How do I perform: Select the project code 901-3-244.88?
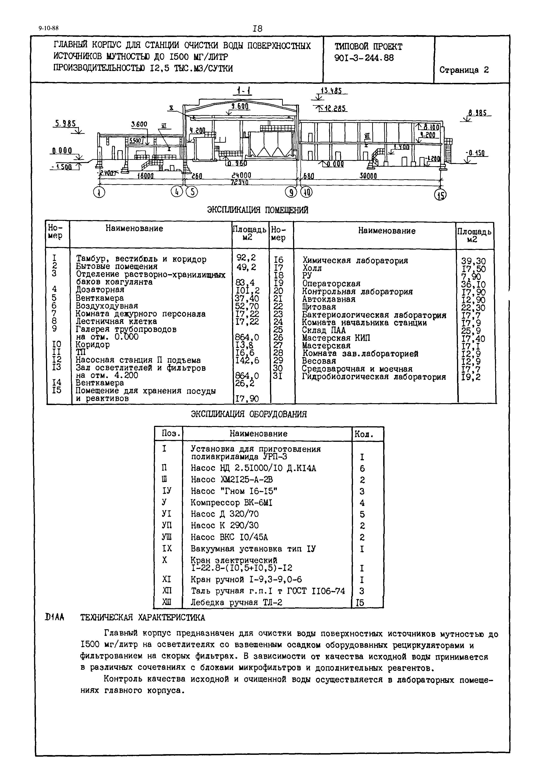pos(364,58)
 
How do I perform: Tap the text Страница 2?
pos(464,70)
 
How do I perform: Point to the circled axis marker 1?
pos(99,192)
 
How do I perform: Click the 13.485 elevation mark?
pos(331,91)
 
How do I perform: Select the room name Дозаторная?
pos(100,290)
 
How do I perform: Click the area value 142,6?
pos(247,361)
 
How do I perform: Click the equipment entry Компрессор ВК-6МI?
pos(231,503)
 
